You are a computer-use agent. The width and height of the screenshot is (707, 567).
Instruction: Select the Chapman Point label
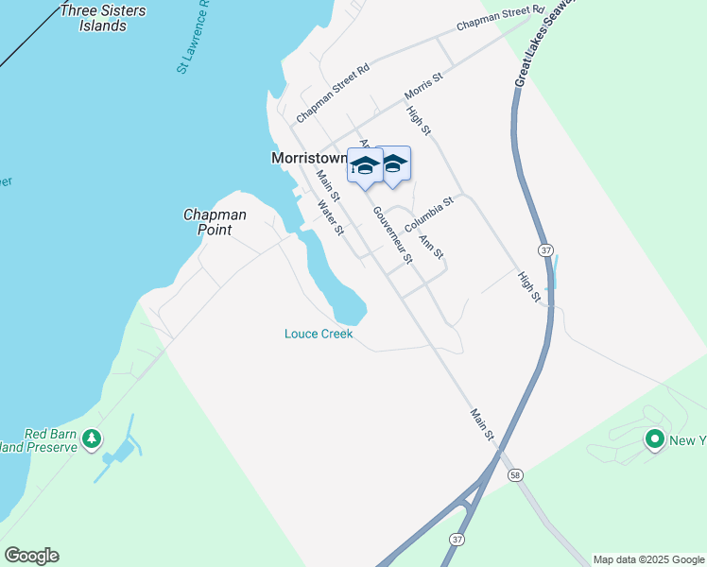tap(215, 222)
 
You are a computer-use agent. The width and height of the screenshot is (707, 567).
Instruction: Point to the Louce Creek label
tap(319, 334)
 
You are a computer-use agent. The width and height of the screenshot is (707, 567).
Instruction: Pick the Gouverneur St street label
tap(392, 233)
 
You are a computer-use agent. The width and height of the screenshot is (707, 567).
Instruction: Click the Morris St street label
tap(423, 85)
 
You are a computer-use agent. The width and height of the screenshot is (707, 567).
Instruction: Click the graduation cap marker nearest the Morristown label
tap(365, 166)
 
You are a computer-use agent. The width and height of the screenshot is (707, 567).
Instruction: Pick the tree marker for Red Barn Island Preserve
tap(92, 438)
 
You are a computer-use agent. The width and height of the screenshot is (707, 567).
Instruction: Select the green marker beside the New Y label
tap(654, 438)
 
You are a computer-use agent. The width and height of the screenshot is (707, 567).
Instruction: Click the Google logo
tap(31, 556)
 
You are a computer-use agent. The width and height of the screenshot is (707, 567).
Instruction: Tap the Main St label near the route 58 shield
tap(482, 422)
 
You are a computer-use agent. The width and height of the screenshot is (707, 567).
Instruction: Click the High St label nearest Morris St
tap(419, 118)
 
